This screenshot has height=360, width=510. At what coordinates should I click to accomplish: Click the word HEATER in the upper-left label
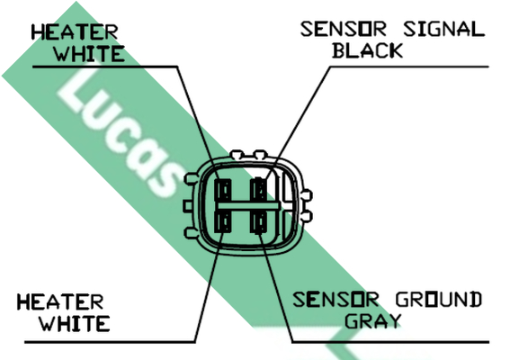pos(75,32)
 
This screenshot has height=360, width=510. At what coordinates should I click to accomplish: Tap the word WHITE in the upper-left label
pos(89,54)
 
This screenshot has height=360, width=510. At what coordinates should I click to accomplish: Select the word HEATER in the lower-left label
pos(60,301)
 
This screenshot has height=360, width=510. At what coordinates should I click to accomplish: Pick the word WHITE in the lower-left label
pos(75,323)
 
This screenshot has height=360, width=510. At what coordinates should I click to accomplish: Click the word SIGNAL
pos(444,29)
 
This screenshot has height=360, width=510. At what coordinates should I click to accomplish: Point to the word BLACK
pos(368,50)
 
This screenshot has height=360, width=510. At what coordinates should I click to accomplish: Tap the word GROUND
pos(439,300)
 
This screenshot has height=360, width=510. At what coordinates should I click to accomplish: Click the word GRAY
pos(372,321)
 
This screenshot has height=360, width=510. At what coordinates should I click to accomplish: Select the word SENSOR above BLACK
pos(344,29)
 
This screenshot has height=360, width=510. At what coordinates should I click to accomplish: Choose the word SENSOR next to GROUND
pos(336,300)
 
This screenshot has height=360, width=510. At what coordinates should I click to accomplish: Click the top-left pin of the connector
pos(223,191)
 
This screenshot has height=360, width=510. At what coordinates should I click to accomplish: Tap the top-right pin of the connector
pos(259,190)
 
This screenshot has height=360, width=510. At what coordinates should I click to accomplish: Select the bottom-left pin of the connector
pos(223,221)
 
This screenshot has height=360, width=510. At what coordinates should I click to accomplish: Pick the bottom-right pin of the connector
pos(259,222)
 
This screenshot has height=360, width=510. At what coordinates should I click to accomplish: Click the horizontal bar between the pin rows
pos(248,206)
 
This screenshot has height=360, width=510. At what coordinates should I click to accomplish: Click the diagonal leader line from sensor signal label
pos(298,123)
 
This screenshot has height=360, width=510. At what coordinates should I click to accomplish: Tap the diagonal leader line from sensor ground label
pos(276,286)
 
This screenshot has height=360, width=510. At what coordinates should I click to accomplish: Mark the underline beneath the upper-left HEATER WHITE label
pos(105,67)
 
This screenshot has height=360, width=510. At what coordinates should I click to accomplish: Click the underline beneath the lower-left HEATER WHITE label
pos(110,342)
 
